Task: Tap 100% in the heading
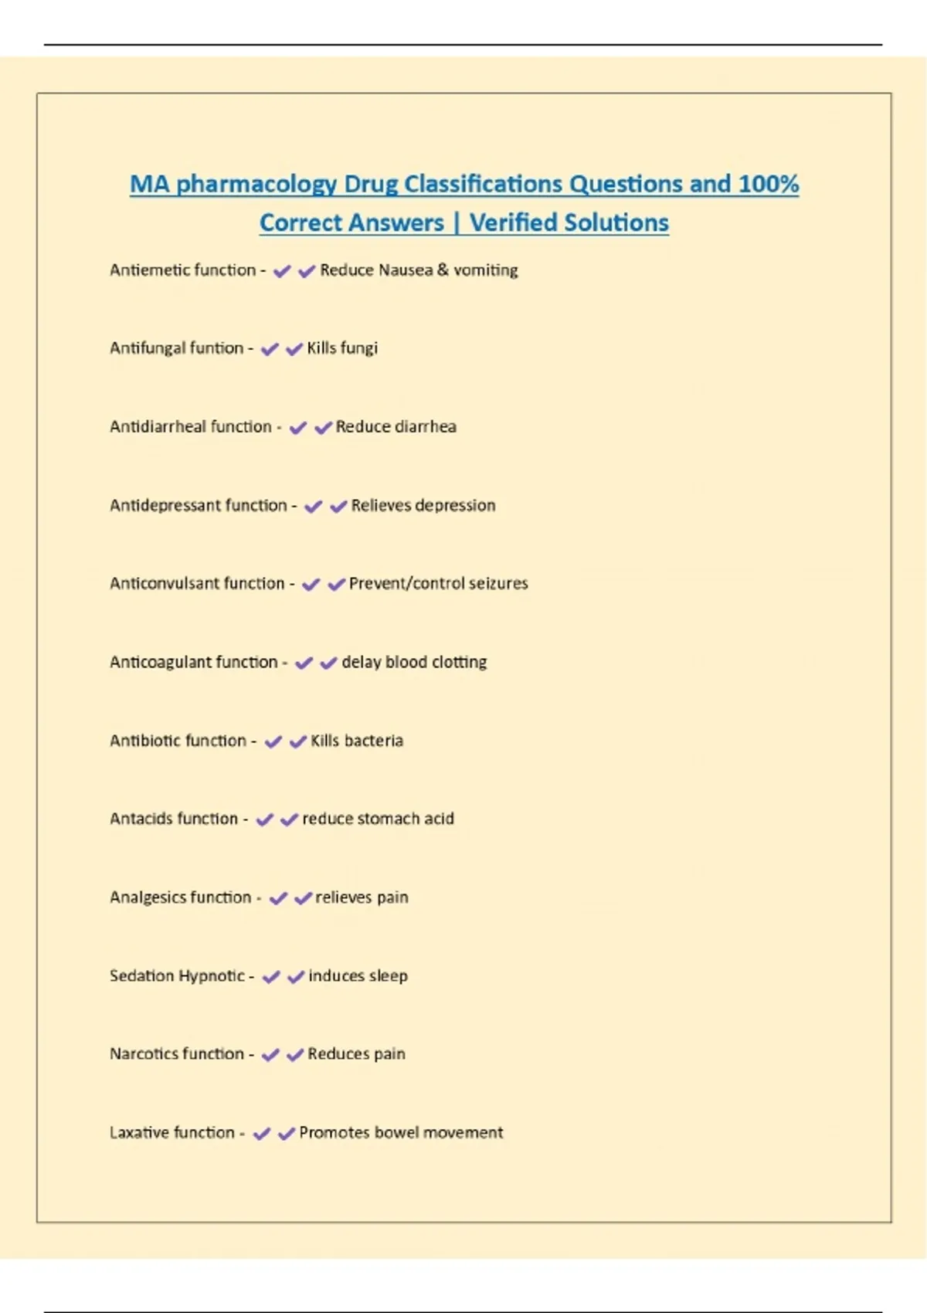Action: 768,184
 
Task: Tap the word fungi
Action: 359,349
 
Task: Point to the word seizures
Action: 498,584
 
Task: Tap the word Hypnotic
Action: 211,976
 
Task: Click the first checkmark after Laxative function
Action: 262,1134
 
